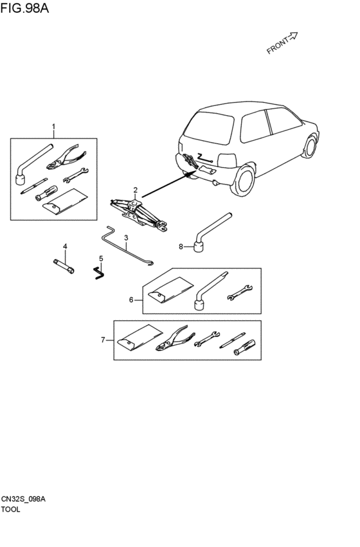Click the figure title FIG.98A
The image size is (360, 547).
[x=25, y=8]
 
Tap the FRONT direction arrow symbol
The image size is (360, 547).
[x=293, y=35]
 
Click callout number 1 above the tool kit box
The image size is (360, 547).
[x=54, y=125]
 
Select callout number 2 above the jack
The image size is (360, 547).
[x=136, y=190]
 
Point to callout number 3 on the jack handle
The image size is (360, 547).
[x=126, y=238]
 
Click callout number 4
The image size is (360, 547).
[x=65, y=247]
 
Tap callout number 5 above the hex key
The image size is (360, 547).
[x=101, y=258]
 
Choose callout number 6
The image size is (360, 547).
[x=131, y=300]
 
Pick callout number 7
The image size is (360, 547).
[x=103, y=340]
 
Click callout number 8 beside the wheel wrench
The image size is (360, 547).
[x=181, y=247]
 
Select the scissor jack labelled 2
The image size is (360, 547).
[x=139, y=215]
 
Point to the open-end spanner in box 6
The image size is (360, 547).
[x=240, y=292]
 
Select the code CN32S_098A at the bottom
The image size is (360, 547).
[x=23, y=499]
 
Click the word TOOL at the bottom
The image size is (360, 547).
[x=11, y=509]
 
